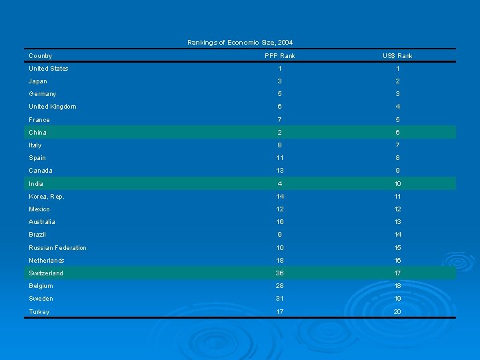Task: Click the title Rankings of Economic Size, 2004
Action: point(240,43)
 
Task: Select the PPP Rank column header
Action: point(280,56)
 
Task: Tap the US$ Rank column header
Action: point(397,56)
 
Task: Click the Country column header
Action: point(41,56)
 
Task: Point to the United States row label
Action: point(49,69)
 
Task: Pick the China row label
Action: point(38,133)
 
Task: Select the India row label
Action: point(36,184)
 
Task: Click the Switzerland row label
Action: point(46,273)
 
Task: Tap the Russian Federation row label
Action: point(58,248)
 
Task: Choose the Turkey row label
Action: point(39,312)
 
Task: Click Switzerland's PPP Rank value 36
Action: point(280,273)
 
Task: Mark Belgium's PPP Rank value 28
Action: point(280,286)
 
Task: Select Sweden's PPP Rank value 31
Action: point(280,299)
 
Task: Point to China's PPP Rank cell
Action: point(280,133)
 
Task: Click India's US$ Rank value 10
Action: point(397,184)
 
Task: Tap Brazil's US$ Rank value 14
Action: point(397,235)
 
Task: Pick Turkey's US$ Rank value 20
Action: point(397,312)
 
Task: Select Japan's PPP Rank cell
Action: point(280,81)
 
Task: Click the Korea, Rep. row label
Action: point(47,197)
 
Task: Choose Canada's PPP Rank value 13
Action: point(280,171)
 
